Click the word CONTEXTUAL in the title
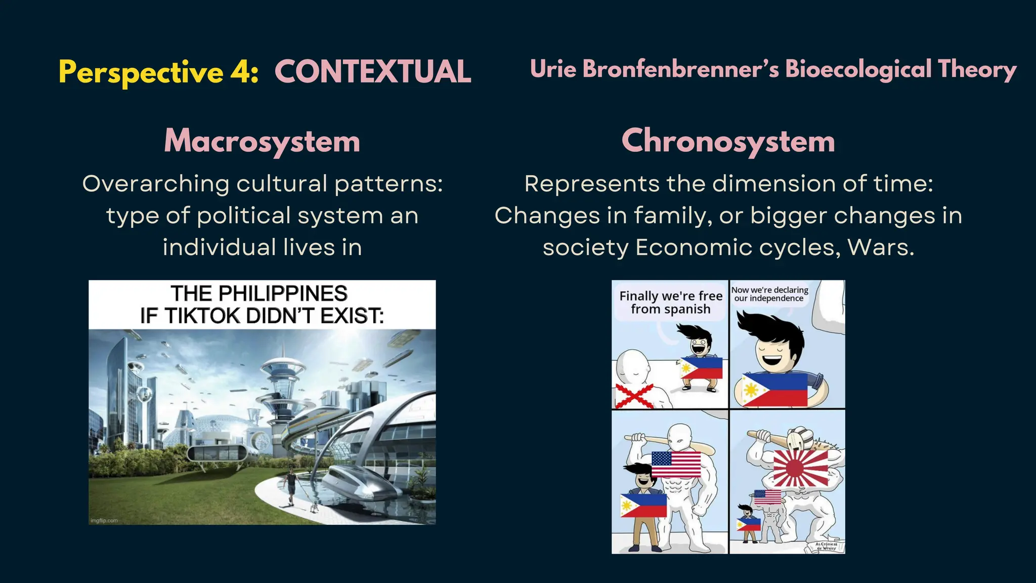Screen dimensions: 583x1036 pos(373,72)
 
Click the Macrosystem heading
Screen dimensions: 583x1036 pos(262,141)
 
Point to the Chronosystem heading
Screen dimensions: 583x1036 pos(728,141)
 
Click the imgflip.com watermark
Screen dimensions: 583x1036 pos(104,520)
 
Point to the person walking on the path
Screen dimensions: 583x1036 pos(291,486)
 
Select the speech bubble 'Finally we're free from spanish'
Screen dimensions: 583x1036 pos(670,303)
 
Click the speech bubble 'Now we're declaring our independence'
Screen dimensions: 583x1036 pos(769,294)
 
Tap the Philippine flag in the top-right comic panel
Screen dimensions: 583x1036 pos(774,389)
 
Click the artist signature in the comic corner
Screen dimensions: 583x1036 pos(826,546)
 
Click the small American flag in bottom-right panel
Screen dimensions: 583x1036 pos(767,497)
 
